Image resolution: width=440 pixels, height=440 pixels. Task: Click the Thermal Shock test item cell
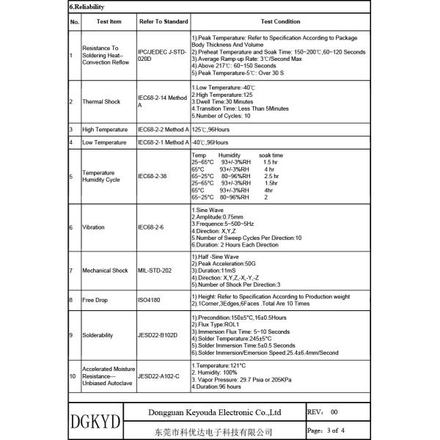(101, 101)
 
